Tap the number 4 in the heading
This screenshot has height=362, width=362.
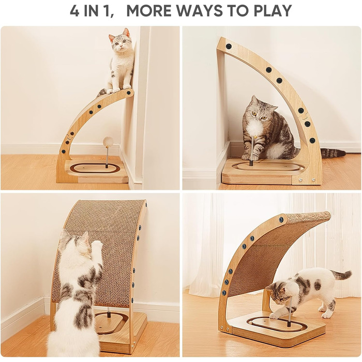coord(74,11)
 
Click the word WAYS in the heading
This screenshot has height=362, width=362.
coord(200,11)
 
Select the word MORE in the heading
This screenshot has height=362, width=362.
coord(149,11)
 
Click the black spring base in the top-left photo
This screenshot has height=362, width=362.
coord(107,165)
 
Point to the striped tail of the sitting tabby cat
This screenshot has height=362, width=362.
coord(333,153)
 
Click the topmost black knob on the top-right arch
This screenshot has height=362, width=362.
coord(229,46)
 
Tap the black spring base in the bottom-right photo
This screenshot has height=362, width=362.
coord(289,323)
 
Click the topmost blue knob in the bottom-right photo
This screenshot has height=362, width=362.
coord(281,219)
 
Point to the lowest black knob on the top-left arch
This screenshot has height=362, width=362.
coord(63,152)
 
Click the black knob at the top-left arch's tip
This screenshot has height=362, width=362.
coord(129,93)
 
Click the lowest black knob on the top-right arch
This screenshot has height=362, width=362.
coord(312,140)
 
